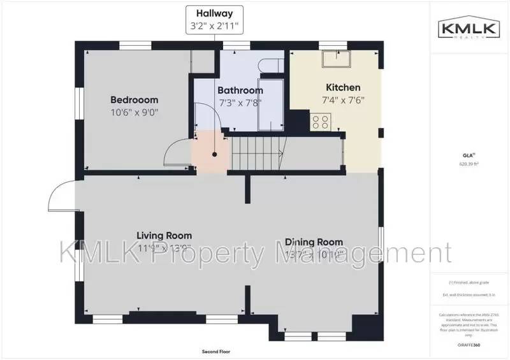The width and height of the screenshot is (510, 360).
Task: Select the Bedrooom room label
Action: (x=134, y=100)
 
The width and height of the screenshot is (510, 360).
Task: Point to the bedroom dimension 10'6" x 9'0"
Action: (x=134, y=112)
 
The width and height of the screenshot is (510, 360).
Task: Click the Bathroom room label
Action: (x=240, y=90)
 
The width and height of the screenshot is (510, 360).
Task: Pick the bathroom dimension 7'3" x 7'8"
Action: (x=240, y=102)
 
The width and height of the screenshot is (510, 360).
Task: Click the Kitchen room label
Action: (x=343, y=87)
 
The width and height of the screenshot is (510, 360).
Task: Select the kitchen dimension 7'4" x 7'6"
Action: (x=344, y=99)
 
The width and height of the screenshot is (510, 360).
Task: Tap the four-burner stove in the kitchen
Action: (x=321, y=121)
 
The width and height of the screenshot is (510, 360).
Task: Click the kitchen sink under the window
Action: (x=336, y=57)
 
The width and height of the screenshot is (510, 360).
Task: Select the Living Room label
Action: (x=164, y=235)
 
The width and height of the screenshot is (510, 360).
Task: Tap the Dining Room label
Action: (x=314, y=241)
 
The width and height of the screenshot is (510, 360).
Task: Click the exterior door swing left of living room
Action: (x=62, y=195)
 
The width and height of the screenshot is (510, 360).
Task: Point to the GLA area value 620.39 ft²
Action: (x=469, y=164)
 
